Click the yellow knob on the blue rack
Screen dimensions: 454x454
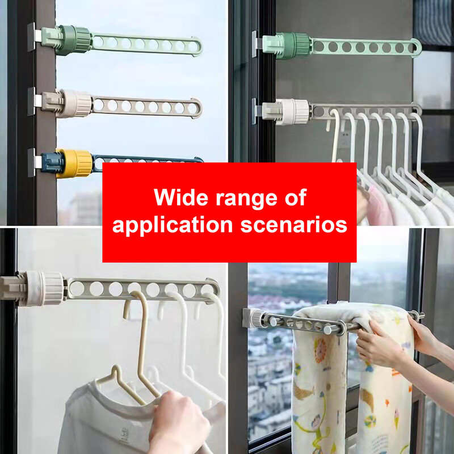(74, 163)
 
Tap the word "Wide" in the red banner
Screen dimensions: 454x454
(181, 197)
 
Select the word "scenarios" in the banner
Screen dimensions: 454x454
(294, 225)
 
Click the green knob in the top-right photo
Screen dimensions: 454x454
(293, 46)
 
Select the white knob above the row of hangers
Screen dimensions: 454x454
(292, 112)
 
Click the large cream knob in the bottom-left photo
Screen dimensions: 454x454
(45, 288)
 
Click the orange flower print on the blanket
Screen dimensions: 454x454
(320, 350)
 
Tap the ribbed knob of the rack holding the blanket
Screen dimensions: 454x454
(257, 318)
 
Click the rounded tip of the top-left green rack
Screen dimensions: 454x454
(197, 47)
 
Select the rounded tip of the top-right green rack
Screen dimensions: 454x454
(417, 48)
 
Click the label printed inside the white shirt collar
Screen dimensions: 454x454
(124, 434)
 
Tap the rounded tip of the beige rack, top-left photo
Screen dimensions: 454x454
(196, 108)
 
